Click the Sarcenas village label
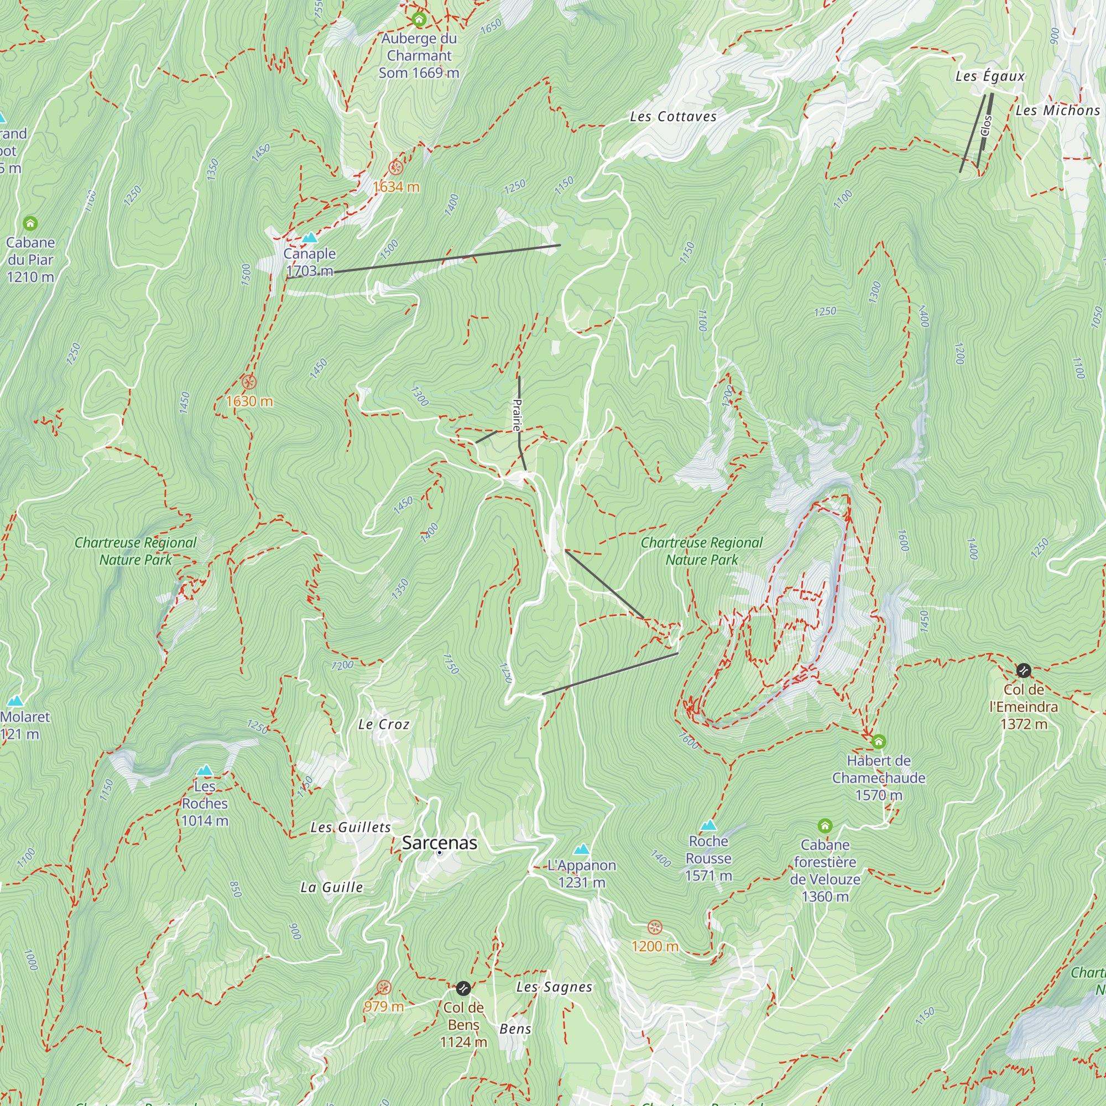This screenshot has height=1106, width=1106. click(439, 843)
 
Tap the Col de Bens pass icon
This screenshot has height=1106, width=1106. click(463, 988)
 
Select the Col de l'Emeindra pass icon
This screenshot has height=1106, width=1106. click(1024, 670)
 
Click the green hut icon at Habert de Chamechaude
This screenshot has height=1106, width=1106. click(878, 742)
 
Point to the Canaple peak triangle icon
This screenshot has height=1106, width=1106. click(310, 238)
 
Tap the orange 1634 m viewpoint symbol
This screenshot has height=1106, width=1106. click(395, 168)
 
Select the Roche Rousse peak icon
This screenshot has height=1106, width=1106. click(709, 825)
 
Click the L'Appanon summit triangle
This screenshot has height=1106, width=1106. click(582, 849)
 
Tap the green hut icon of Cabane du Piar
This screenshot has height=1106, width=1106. click(30, 223)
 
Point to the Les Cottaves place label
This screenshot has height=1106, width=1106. click(673, 117)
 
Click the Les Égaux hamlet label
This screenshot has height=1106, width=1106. click(990, 76)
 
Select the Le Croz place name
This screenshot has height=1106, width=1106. click(384, 725)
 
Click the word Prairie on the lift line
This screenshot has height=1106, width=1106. click(517, 415)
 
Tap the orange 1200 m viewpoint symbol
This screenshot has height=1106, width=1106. click(655, 927)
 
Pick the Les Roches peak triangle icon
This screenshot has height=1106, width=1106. click(205, 770)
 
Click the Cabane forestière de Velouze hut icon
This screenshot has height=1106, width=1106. click(825, 826)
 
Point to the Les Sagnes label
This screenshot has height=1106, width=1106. click(554, 987)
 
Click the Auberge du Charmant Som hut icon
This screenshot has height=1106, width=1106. click(419, 19)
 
